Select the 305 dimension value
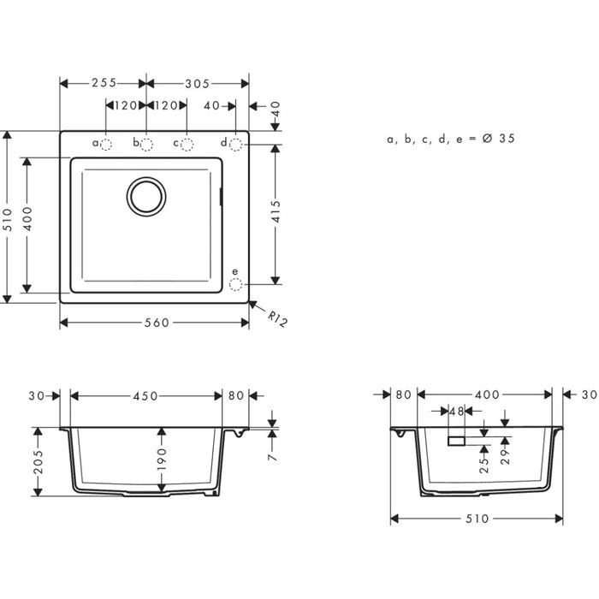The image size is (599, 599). (197, 83)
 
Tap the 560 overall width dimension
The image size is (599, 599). (155, 323)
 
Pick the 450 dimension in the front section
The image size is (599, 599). (145, 395)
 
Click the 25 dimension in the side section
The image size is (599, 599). (484, 463)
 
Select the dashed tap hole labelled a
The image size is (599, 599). (106, 144)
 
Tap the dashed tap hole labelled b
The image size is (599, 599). (146, 144)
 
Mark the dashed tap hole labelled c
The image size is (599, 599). (187, 144)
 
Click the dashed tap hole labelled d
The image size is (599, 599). (235, 143)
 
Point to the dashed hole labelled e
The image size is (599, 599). (236, 282)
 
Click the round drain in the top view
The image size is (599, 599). (146, 196)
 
